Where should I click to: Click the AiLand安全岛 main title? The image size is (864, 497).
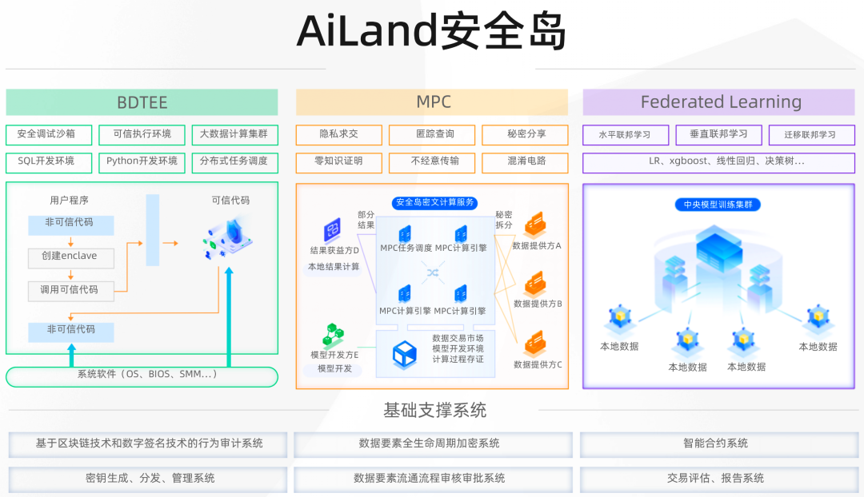point(432,32)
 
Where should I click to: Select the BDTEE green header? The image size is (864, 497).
point(142,102)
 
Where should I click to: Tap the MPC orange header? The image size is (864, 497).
point(432,102)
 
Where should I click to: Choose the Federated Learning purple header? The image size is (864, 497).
point(720,102)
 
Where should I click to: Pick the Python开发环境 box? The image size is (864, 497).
point(142,161)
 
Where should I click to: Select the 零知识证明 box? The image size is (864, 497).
point(339,161)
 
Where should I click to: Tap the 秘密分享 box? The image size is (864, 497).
point(526,134)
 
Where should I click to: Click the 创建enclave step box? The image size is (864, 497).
point(70,256)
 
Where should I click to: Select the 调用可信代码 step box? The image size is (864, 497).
point(70,290)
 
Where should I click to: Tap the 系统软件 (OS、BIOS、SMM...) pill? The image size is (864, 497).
point(142,376)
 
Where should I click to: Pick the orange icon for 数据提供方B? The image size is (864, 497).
point(534,284)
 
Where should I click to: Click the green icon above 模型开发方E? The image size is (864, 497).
point(334,334)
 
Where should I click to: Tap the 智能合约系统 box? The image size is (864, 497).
point(716,443)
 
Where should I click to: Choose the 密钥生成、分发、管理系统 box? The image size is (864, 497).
point(150,479)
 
